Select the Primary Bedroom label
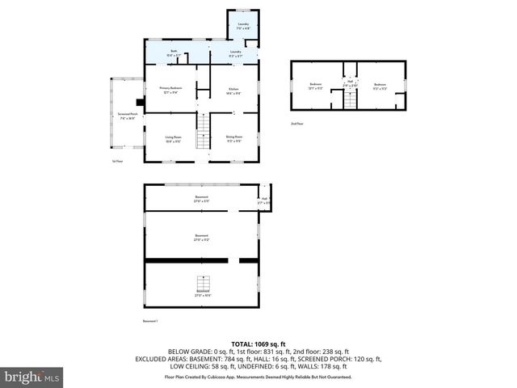point(170,90)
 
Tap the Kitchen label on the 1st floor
point(233,90)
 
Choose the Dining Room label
point(234,138)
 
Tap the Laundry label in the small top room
point(242,27)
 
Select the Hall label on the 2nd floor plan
point(351,82)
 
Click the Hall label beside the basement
point(264,200)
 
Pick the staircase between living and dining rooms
point(204,126)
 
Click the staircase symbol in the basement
point(204,285)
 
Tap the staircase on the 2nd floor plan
point(350,100)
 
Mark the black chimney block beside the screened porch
point(141,103)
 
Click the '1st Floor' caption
point(117,162)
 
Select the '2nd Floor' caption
point(297,124)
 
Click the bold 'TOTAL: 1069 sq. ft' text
point(258,344)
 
